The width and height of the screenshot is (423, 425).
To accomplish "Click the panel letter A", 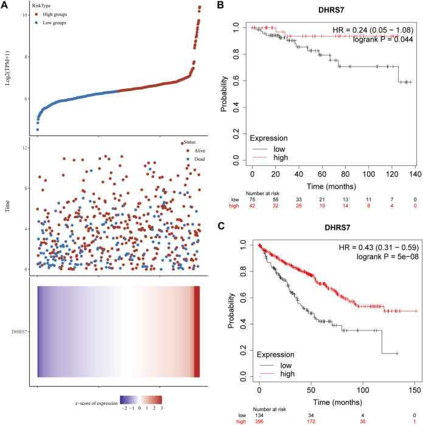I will pos(5,5).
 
